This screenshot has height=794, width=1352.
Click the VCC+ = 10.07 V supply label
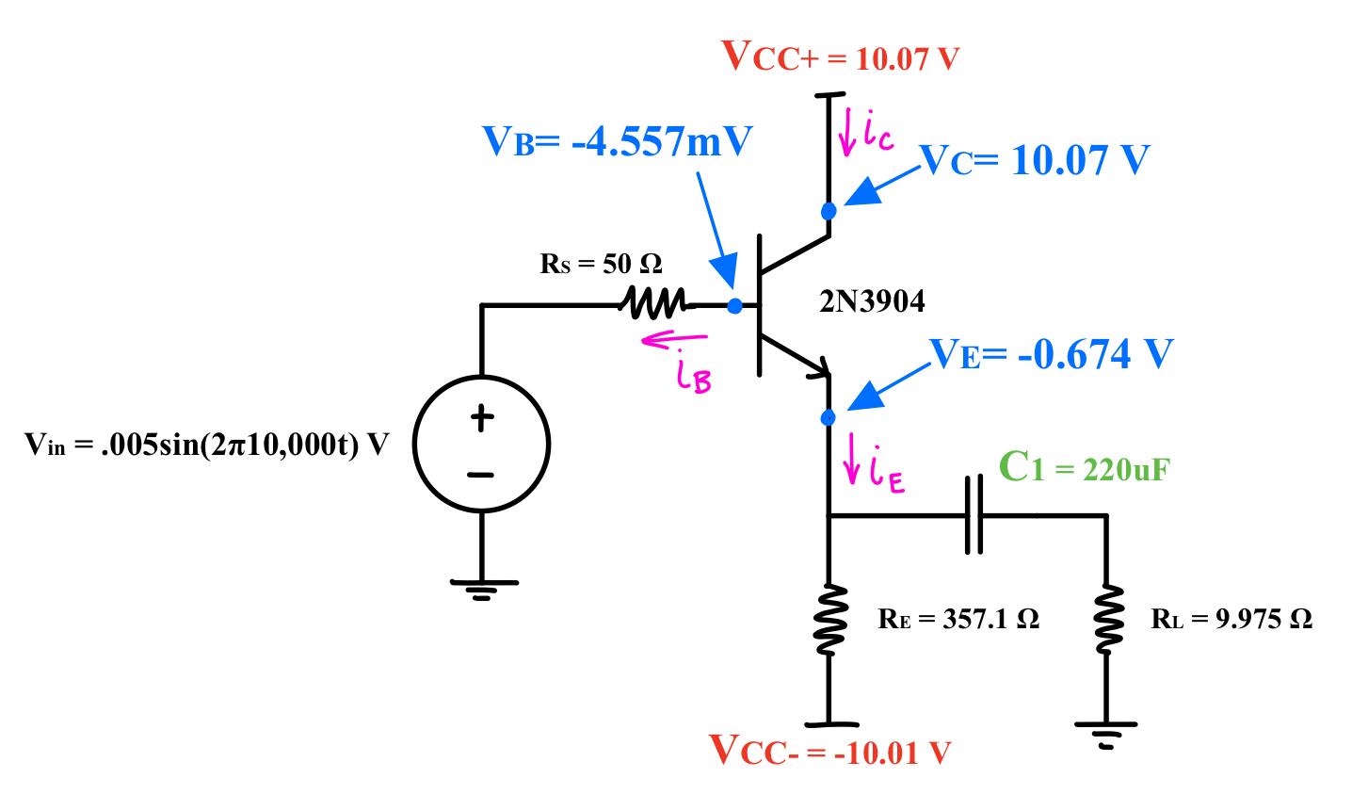click(840, 58)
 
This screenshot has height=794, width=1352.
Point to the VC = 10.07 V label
click(1034, 161)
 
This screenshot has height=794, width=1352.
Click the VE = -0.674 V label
click(1052, 354)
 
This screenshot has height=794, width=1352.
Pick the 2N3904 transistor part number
click(873, 301)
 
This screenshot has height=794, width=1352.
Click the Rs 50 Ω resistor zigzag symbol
click(656, 304)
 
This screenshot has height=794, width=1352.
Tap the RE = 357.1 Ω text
click(958, 619)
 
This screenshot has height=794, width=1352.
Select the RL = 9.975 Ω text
click(1231, 619)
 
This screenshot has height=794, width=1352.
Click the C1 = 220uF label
click(1083, 468)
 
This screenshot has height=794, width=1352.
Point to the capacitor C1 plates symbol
click(974, 515)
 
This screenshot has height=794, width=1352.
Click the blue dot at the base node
click(734, 305)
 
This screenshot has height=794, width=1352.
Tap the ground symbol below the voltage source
click(481, 589)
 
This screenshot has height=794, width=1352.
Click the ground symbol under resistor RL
click(1106, 731)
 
